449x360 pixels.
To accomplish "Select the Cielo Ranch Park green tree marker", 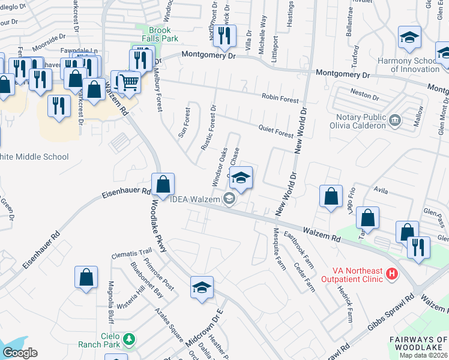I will click(128, 340).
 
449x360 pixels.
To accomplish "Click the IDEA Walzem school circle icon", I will click(229, 199).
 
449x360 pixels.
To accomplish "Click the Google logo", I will click(20, 353).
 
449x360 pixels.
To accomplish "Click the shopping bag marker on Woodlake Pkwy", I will click(163, 185).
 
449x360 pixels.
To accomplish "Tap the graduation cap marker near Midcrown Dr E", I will click(202, 287).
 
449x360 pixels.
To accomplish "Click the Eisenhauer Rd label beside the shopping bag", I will click(125, 193).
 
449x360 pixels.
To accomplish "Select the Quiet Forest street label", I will click(276, 131).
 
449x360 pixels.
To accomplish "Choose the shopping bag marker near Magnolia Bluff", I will click(86, 278).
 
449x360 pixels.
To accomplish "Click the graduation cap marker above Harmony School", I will click(409, 39).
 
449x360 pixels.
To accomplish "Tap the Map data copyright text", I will click(423, 355).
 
